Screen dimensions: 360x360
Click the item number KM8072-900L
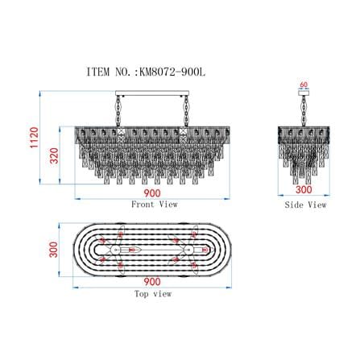tap(172, 72)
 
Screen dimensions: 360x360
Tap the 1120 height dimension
tap(35, 138)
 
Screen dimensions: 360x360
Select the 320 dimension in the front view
tap(54, 155)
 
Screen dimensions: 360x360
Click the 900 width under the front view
tap(152, 193)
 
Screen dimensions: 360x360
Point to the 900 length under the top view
tap(152, 282)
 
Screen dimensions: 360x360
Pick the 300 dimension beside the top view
tap(53, 250)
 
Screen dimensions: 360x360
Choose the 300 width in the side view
tap(304, 189)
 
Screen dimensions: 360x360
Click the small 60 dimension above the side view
tap(304, 85)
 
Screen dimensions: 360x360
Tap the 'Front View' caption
tap(155, 205)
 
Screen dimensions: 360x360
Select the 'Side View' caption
tap(305, 205)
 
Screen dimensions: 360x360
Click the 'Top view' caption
tap(153, 294)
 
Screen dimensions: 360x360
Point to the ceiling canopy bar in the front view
tap(152, 93)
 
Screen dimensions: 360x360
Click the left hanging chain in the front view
tap(118, 111)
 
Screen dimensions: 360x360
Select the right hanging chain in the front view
tap(186, 111)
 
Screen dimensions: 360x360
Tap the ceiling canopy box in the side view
tap(304, 93)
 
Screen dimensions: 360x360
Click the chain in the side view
tap(304, 111)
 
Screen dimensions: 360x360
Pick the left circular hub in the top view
tap(116, 250)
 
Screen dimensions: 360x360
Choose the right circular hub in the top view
tap(188, 250)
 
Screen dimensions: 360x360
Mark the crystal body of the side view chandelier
tap(304, 155)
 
